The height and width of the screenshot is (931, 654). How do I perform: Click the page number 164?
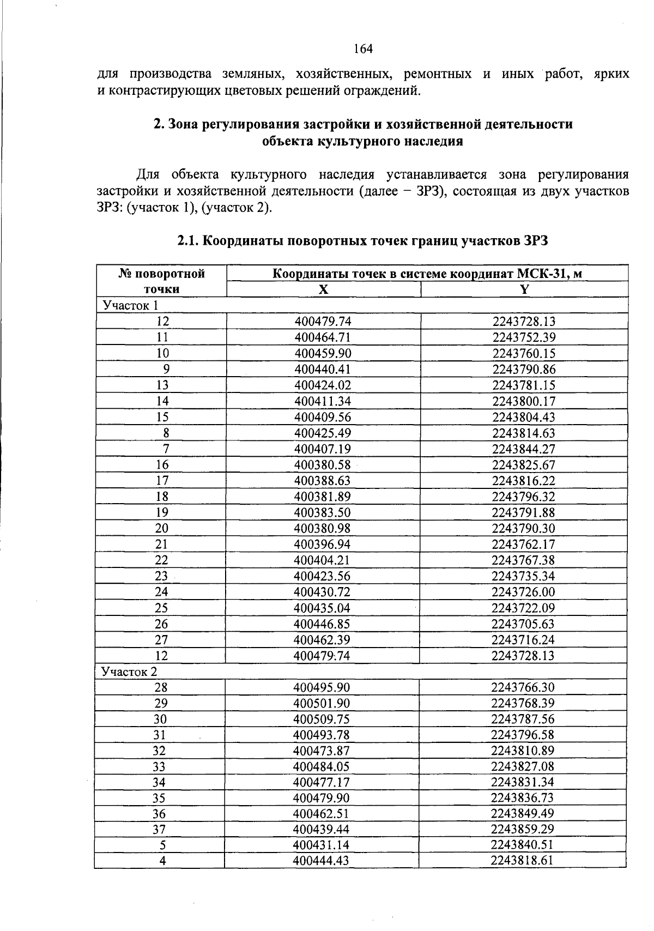pos(362,49)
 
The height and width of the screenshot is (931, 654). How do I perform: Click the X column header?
pos(323,289)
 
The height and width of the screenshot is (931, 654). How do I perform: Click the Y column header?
pos(524,289)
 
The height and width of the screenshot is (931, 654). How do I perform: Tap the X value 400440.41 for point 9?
pos(322,369)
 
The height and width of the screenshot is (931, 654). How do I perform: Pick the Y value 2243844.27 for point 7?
pos(523,449)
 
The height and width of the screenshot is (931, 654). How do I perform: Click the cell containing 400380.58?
pos(322,465)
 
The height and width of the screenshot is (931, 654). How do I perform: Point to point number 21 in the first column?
pos(161,544)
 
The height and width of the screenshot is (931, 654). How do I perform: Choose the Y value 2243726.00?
pos(523,592)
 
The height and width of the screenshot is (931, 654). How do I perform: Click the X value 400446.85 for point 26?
pos(322,624)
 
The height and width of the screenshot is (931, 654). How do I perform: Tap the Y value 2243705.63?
pos(523,624)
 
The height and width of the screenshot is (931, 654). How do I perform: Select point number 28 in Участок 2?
pos(160,687)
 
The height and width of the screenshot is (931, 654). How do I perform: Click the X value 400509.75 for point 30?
pos(322,719)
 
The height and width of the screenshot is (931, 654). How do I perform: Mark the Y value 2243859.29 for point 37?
pos(523,830)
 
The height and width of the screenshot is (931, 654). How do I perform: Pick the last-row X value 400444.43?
pos(321,861)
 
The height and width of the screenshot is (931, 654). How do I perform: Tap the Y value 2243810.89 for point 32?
pos(523,751)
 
